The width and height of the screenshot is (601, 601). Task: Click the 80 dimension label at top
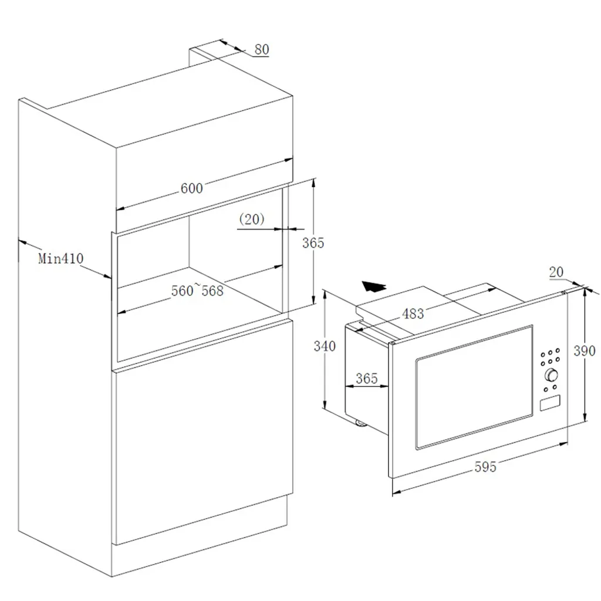tap(262, 49)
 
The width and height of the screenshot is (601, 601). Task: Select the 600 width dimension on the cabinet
tap(191, 188)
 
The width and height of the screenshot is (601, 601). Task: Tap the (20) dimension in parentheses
tap(252, 219)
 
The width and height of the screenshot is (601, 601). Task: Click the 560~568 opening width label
tap(197, 290)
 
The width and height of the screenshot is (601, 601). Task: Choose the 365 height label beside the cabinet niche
tap(313, 242)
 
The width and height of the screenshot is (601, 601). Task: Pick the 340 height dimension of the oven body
tap(325, 346)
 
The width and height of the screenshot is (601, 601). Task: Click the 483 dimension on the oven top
tap(413, 313)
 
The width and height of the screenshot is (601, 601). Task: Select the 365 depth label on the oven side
tap(367, 379)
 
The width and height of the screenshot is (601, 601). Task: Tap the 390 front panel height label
tap(584, 350)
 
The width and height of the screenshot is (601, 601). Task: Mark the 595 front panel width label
tap(485, 467)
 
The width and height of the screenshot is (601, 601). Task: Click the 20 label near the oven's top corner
tap(556, 272)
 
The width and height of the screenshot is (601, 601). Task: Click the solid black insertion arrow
tap(373, 286)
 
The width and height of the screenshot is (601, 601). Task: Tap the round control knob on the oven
tap(551, 375)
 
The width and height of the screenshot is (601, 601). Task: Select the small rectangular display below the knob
tap(549, 403)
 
